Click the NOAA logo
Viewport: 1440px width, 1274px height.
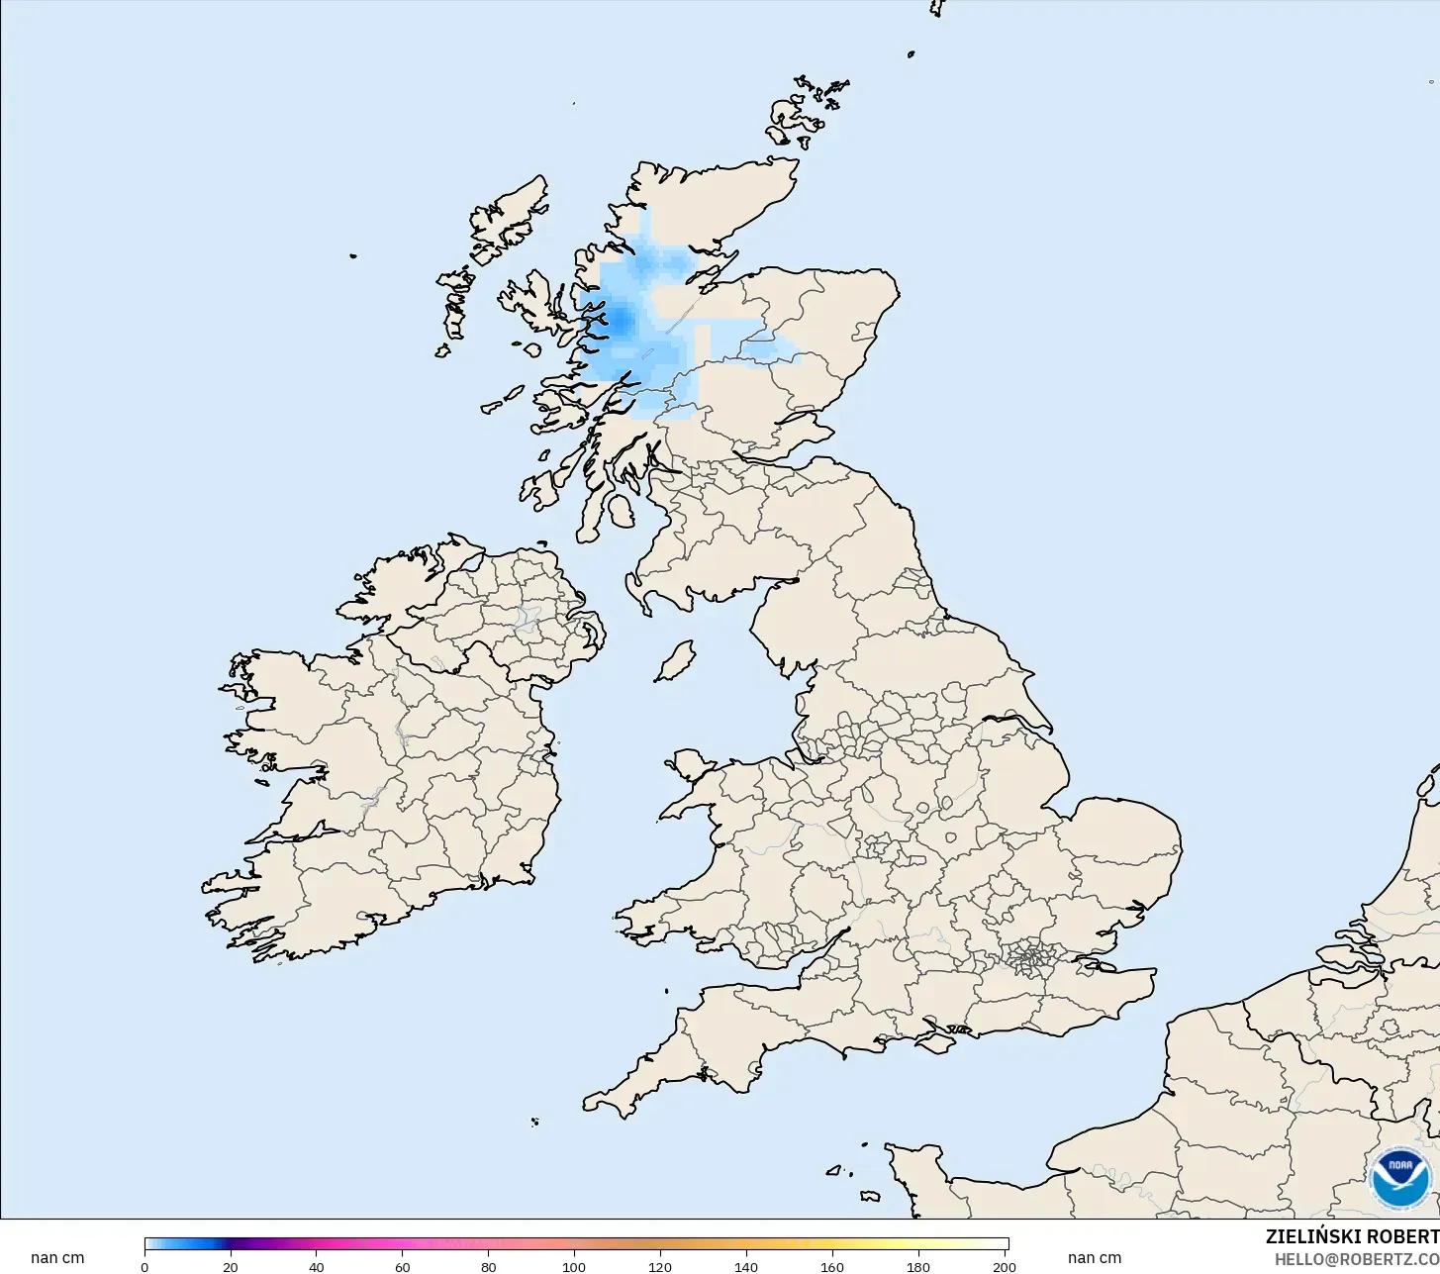tap(1400, 1178)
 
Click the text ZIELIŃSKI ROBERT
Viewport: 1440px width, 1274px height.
tap(1352, 1237)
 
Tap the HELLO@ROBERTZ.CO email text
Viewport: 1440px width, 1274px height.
tap(1356, 1259)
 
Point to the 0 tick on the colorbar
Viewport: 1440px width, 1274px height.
tap(144, 1267)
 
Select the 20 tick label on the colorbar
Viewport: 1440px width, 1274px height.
tap(231, 1267)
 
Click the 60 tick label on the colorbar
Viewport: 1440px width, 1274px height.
tap(403, 1267)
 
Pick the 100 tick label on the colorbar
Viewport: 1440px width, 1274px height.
tap(574, 1267)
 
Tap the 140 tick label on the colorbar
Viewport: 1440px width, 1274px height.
tap(746, 1267)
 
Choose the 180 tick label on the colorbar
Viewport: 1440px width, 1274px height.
tap(918, 1267)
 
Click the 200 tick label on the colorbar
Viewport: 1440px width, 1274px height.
tap(1004, 1267)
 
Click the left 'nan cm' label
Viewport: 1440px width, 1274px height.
tap(57, 1258)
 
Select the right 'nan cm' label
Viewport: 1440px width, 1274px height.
tap(1095, 1258)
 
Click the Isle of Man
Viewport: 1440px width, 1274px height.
tap(676, 661)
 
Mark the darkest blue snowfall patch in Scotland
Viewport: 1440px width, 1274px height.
tap(621, 319)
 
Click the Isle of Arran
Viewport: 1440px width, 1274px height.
tap(621, 512)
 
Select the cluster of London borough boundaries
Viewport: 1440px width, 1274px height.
tap(1032, 958)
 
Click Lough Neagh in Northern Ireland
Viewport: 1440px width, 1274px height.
tap(526, 619)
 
